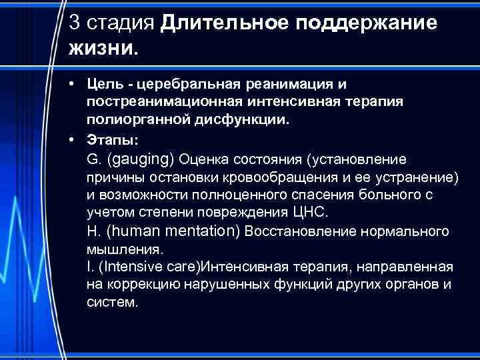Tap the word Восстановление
[x=297, y=232]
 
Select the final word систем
[x=113, y=302]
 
